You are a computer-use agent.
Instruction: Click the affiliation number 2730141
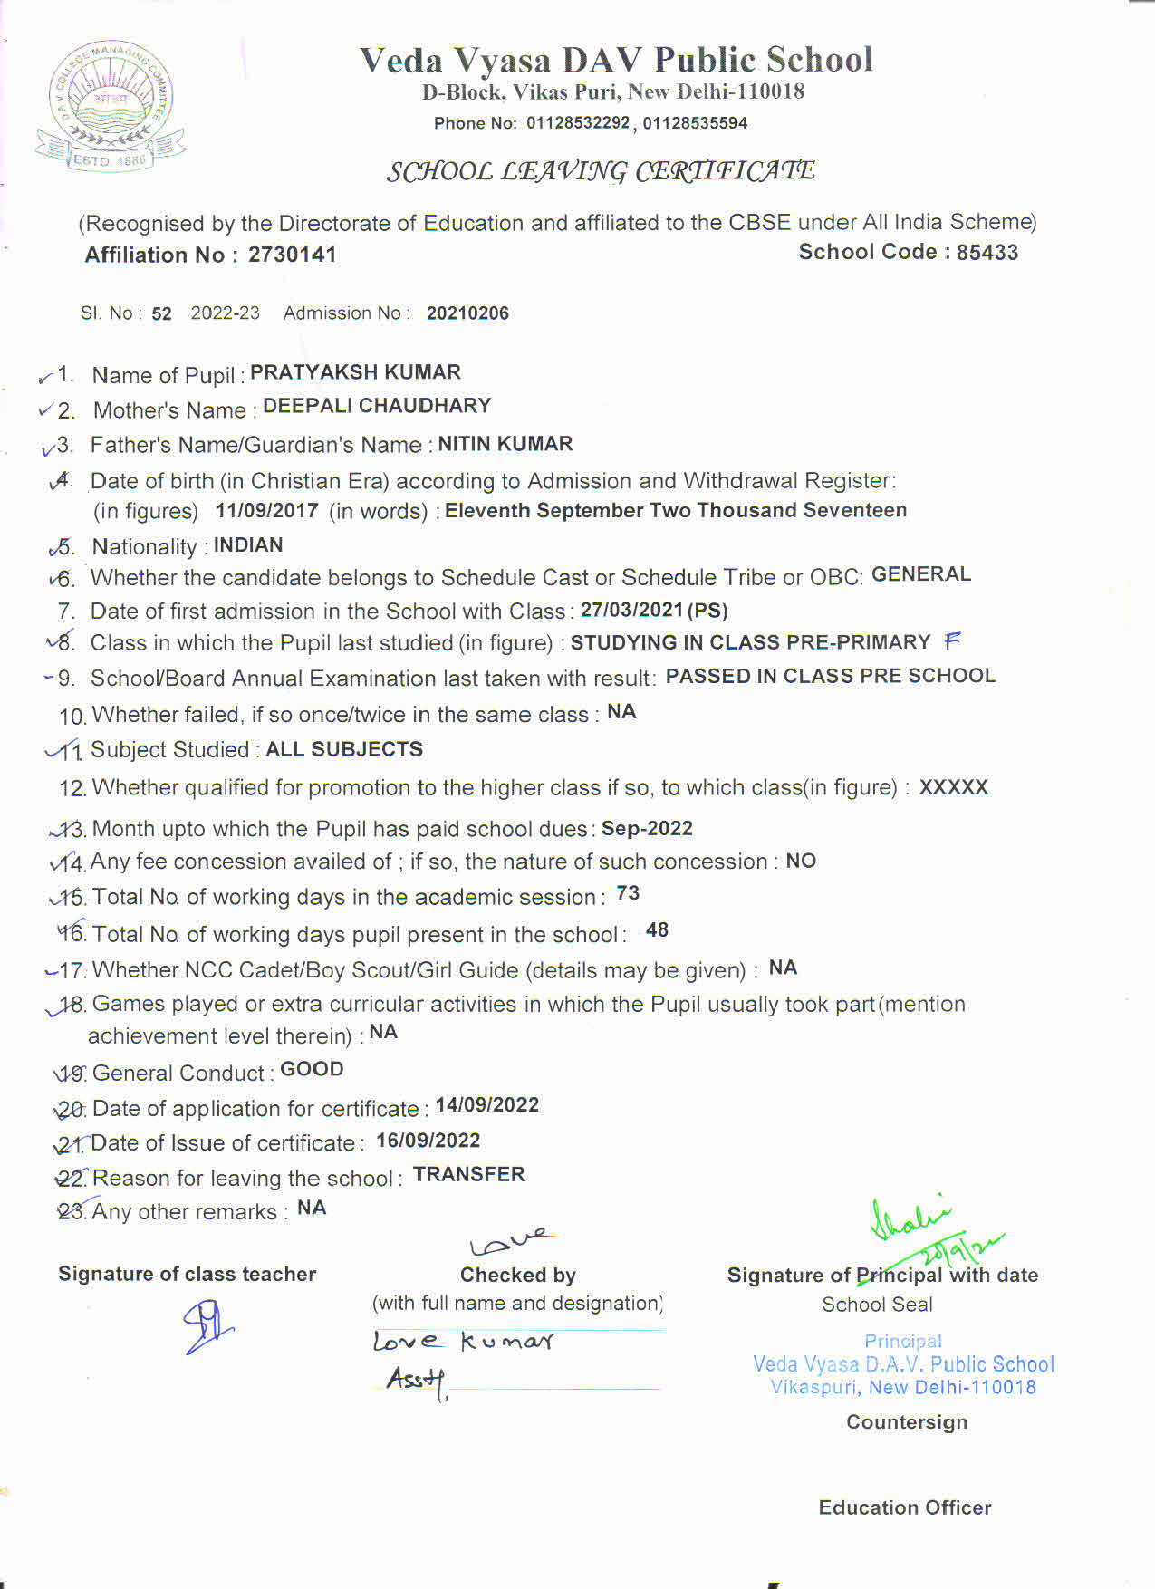click(x=292, y=255)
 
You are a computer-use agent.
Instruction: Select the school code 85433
click(x=987, y=253)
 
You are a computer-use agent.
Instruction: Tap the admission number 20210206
click(x=467, y=313)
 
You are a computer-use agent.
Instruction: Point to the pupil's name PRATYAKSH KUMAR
click(x=355, y=372)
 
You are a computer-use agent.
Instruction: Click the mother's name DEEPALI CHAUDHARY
click(x=377, y=406)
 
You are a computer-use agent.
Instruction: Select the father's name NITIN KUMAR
click(x=505, y=444)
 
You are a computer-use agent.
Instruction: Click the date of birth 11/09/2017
click(x=266, y=511)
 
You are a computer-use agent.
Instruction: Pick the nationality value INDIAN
click(x=248, y=545)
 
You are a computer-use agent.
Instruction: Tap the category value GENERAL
click(x=920, y=574)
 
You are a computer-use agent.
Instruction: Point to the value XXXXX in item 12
click(x=953, y=787)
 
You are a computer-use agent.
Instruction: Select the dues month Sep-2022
click(x=647, y=829)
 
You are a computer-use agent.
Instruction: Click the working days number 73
click(x=628, y=893)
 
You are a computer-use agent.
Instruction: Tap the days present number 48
click(x=657, y=930)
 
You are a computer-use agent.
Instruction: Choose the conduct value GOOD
click(x=312, y=1069)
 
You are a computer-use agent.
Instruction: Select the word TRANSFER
click(x=468, y=1174)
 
